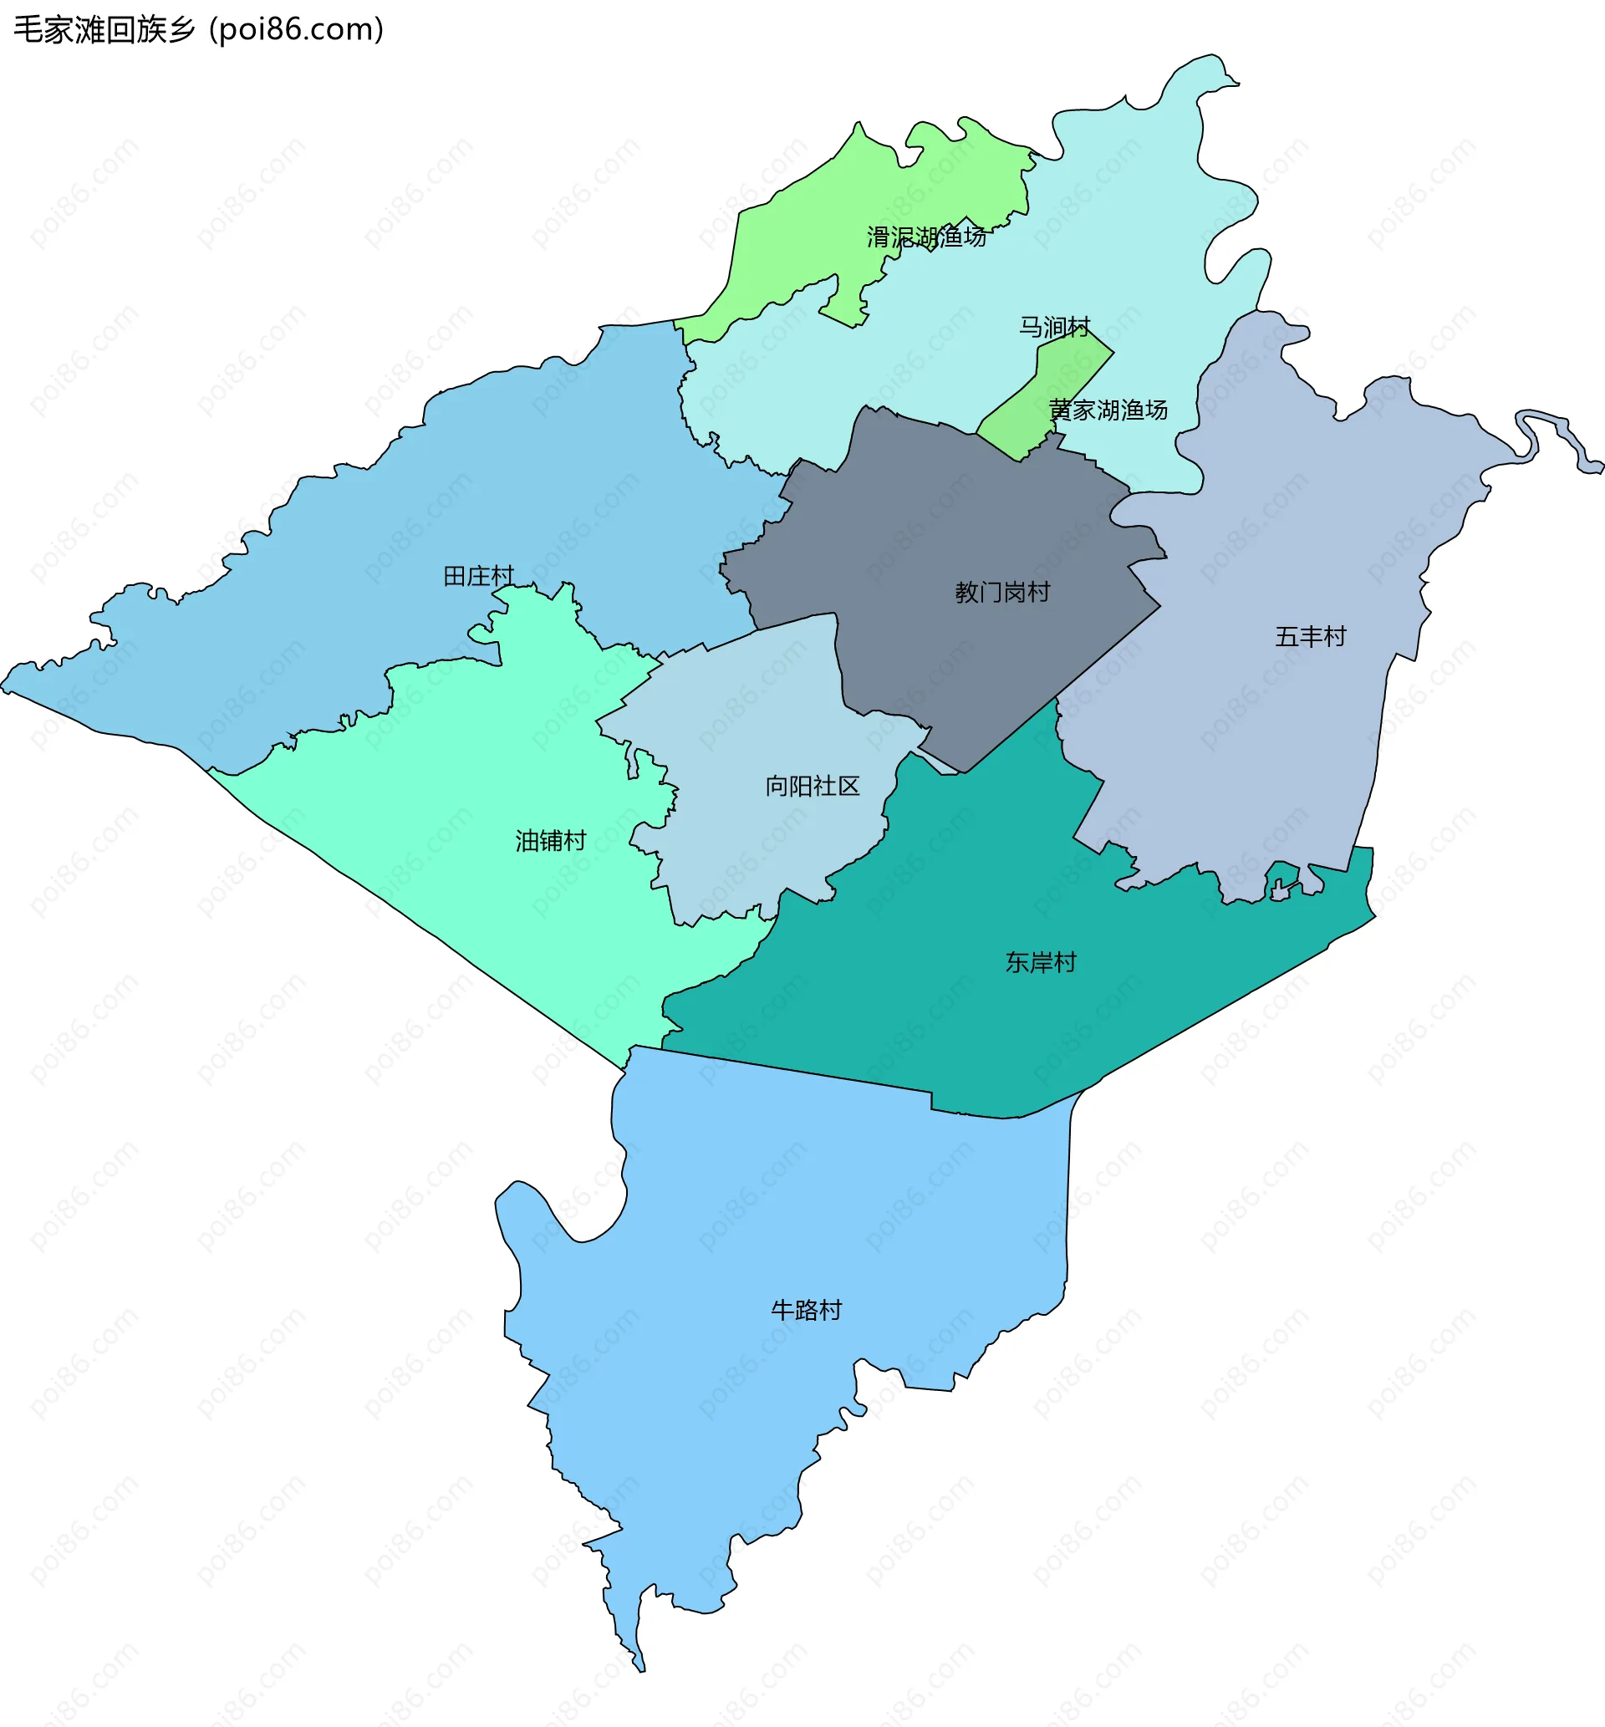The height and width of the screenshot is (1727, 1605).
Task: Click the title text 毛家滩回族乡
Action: click(104, 29)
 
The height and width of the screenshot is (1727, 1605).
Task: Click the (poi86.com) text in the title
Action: click(296, 29)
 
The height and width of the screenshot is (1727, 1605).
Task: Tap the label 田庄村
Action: click(478, 576)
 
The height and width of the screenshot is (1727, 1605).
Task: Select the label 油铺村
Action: click(551, 840)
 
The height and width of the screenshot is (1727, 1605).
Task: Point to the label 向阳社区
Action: click(812, 786)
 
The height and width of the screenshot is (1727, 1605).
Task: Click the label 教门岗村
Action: click(1002, 592)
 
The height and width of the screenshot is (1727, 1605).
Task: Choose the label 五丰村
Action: click(1310, 636)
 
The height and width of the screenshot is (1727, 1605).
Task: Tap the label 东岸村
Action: click(1041, 962)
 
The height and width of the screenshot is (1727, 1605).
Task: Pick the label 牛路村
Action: click(806, 1310)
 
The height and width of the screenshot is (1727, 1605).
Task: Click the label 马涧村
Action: click(1054, 328)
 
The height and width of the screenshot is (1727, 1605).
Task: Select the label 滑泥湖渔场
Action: click(926, 237)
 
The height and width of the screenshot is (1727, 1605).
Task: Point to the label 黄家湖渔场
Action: click(1108, 410)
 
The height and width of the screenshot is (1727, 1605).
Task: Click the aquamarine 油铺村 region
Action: click(487, 782)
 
